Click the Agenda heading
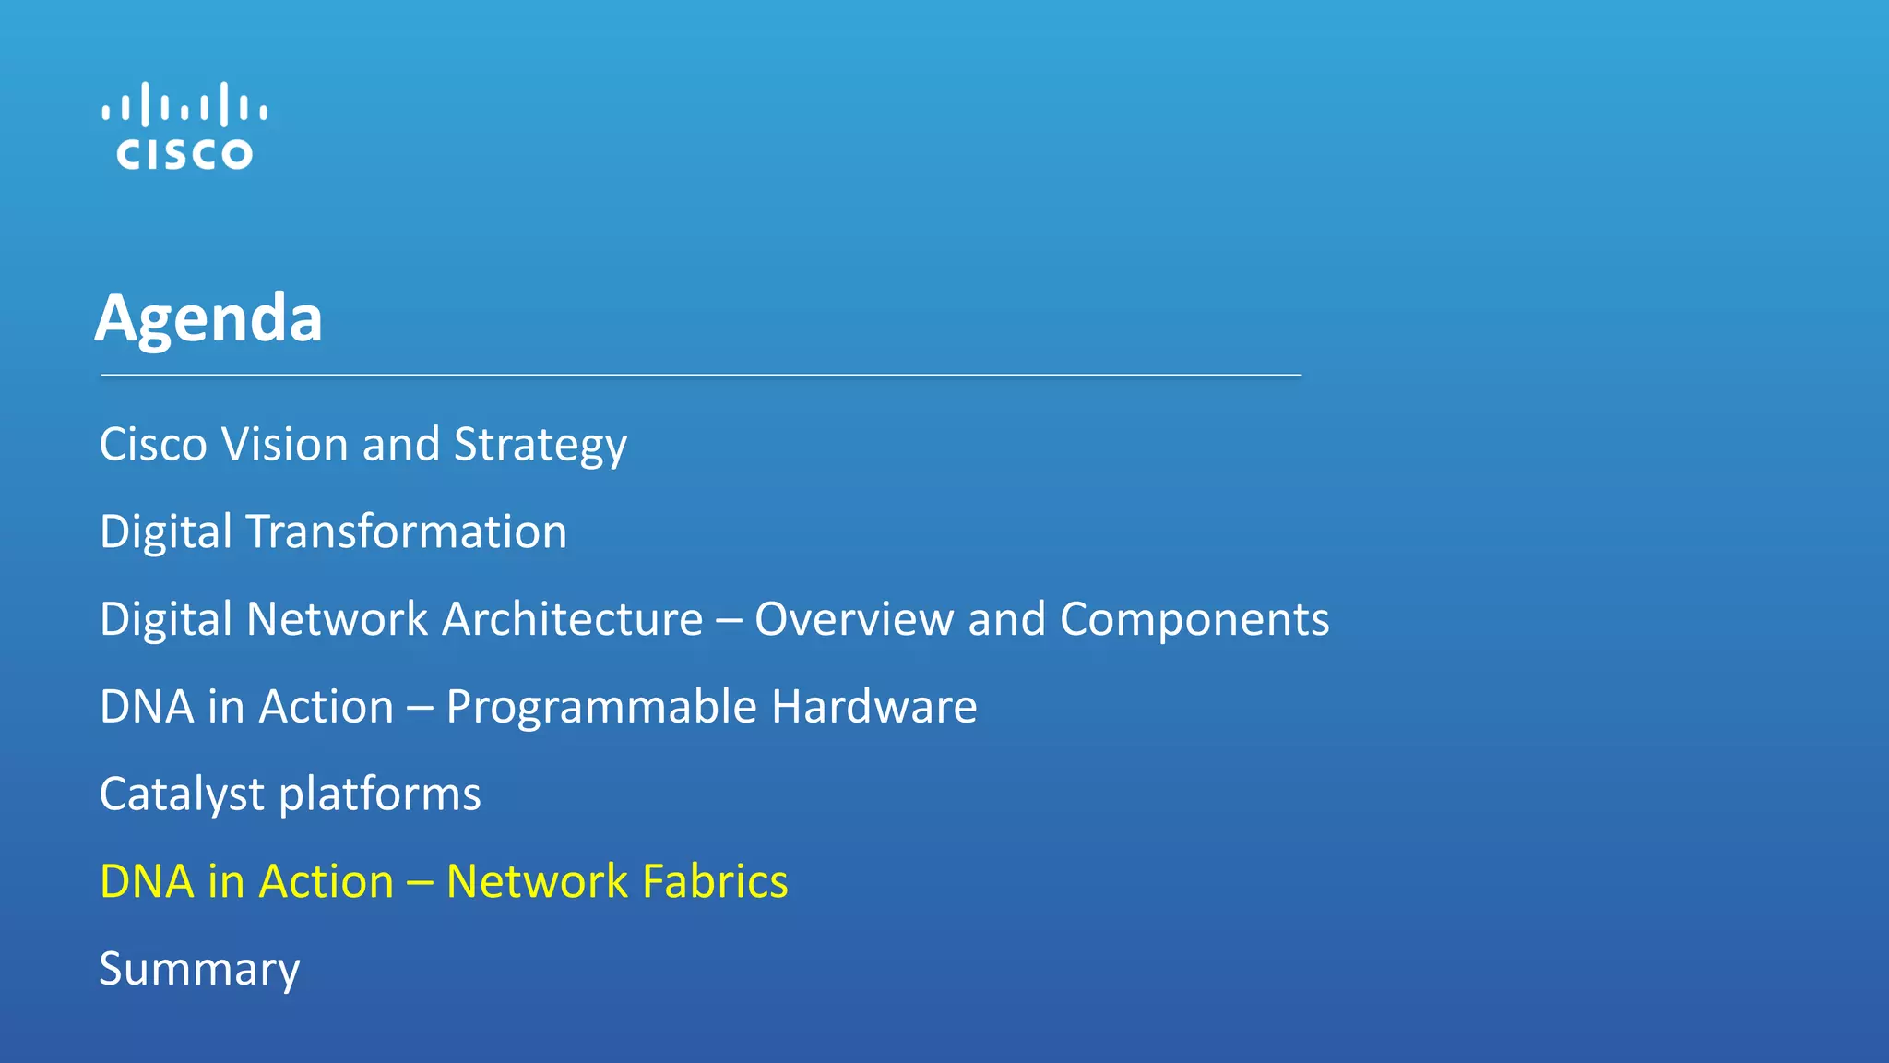209,318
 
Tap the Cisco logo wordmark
184,154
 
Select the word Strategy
541,446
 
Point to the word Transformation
406,531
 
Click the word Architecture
572,618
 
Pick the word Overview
854,618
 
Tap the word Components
1194,620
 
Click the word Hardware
873,707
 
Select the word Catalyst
183,794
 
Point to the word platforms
380,794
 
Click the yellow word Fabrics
715,881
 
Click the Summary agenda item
200,970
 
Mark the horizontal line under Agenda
701,376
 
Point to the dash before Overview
729,620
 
